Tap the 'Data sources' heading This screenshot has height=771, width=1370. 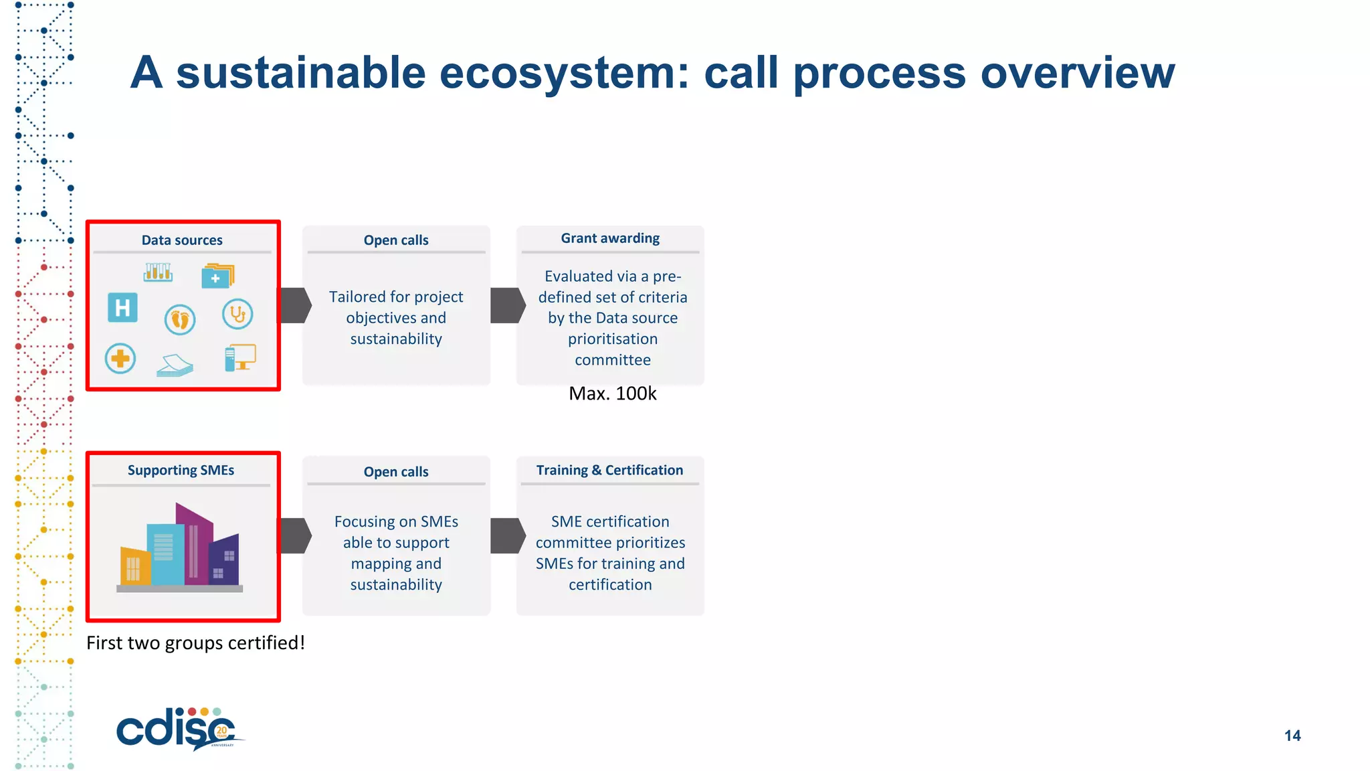[182, 240]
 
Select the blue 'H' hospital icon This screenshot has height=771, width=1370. [122, 308]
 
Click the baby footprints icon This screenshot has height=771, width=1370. [180, 319]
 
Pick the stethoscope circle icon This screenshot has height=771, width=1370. [237, 314]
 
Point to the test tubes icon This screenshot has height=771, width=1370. [158, 272]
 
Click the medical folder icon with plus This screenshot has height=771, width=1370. [217, 276]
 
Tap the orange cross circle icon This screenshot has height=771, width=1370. [120, 359]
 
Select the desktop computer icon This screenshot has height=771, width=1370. [240, 358]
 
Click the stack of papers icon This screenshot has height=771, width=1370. [175, 365]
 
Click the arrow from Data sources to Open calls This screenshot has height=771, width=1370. [295, 306]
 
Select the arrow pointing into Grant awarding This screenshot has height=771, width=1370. [508, 306]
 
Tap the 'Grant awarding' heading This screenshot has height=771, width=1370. [610, 238]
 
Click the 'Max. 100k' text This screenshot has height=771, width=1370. [612, 394]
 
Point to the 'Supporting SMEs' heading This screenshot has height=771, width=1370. [181, 470]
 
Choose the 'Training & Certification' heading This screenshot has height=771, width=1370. [609, 470]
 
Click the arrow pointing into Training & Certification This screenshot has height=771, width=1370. [508, 535]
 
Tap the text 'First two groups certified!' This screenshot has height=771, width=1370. [195, 643]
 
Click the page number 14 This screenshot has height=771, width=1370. [1292, 736]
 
